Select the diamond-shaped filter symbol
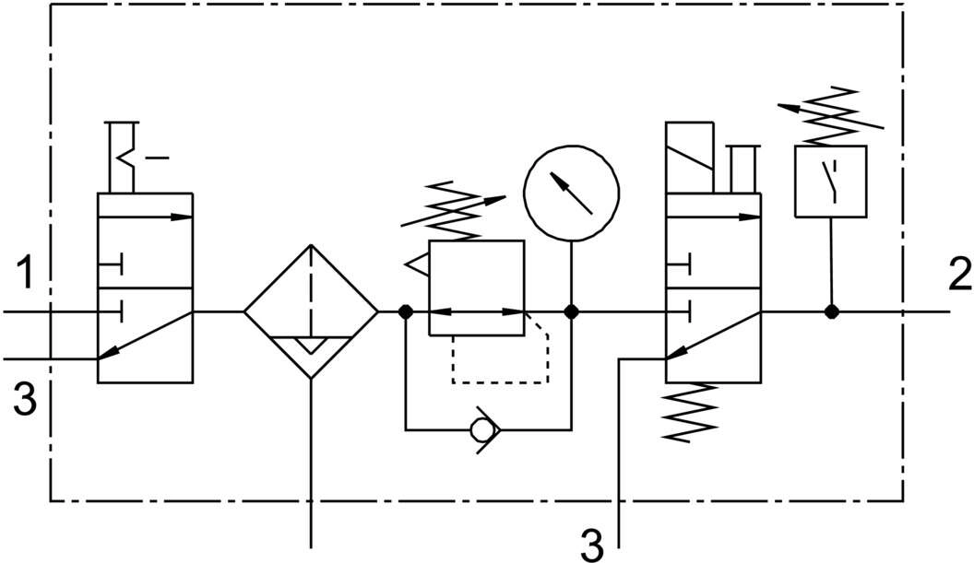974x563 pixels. point(311,311)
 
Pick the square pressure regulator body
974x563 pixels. point(477,287)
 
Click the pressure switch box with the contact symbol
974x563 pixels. point(831,182)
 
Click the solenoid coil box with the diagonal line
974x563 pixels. point(690,157)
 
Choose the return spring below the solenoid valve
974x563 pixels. point(690,412)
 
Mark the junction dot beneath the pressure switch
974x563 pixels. point(831,311)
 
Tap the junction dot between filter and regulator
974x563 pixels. point(405,311)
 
